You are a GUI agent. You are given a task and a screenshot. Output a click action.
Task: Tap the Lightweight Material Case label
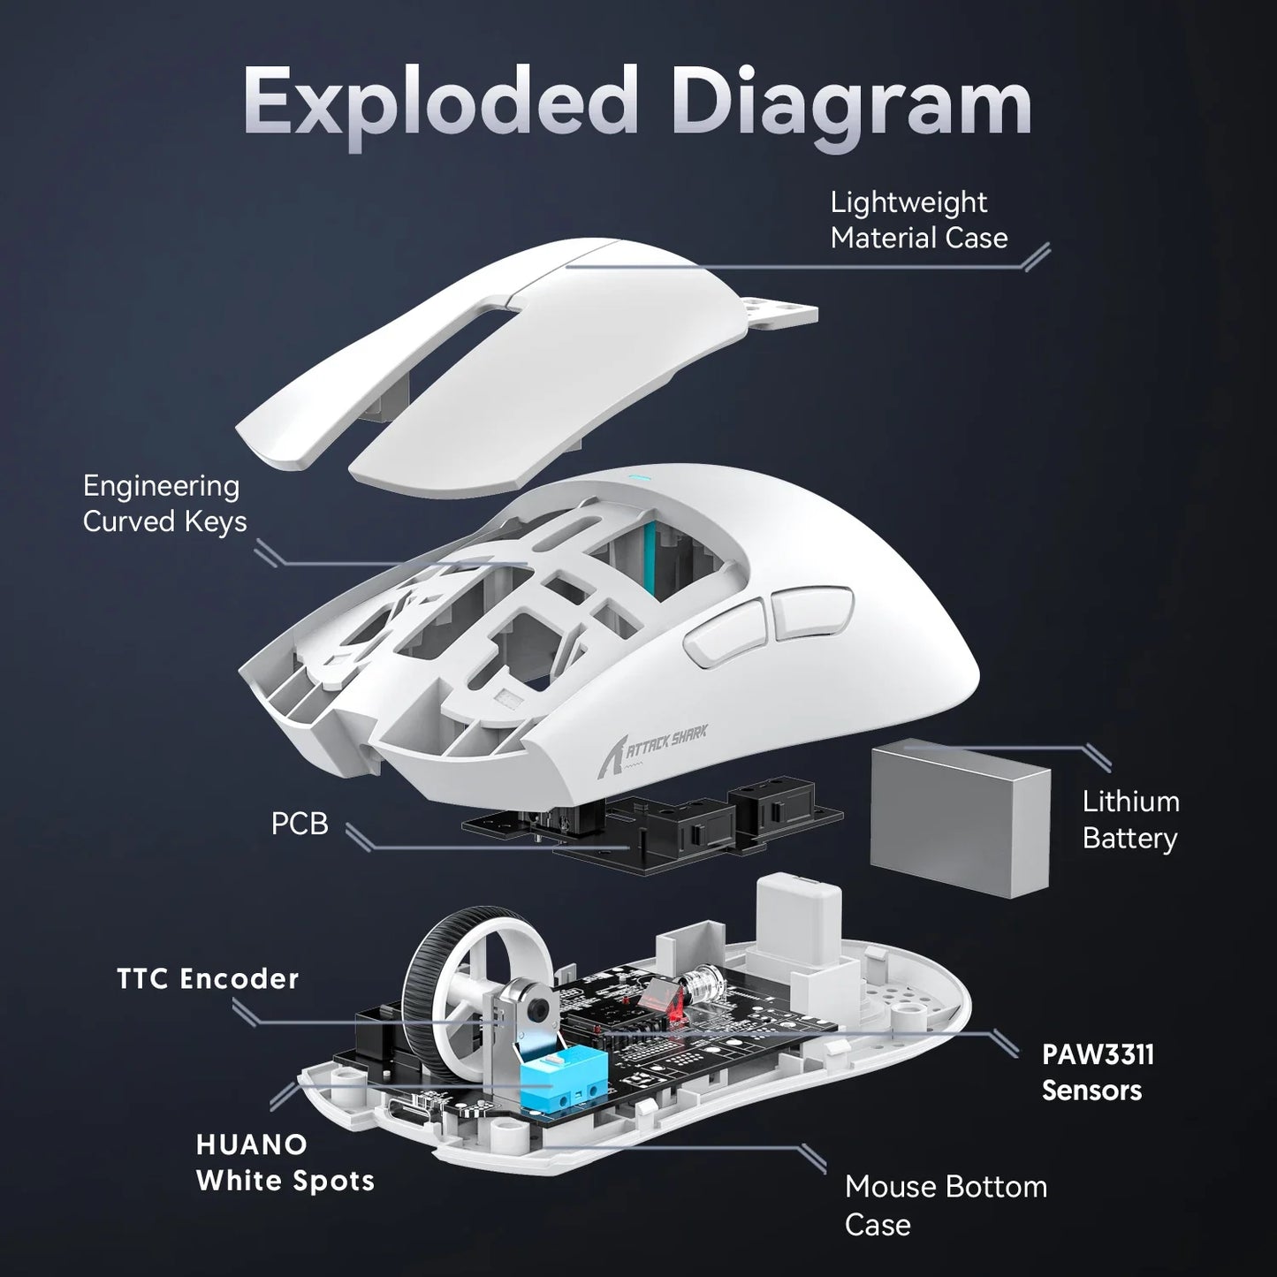pyautogui.click(x=918, y=220)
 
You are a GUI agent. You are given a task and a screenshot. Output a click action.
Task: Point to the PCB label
pyautogui.click(x=300, y=824)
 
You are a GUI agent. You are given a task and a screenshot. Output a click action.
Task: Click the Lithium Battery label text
pyautogui.click(x=1130, y=820)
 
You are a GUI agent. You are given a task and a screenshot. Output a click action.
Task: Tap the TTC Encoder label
pyautogui.click(x=209, y=979)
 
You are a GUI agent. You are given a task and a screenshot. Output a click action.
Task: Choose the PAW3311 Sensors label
pyautogui.click(x=1098, y=1072)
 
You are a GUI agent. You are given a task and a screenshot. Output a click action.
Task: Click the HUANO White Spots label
pyautogui.click(x=285, y=1162)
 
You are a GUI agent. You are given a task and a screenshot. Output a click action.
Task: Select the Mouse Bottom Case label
pyautogui.click(x=945, y=1205)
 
